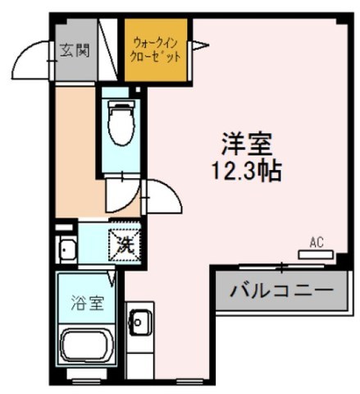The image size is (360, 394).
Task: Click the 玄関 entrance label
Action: coord(74,49)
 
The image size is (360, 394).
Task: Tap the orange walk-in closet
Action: coord(157,51)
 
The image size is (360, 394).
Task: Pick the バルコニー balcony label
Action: coord(280,290)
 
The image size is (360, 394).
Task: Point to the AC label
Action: coord(317,241)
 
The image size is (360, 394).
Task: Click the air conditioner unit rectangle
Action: coord(317,254)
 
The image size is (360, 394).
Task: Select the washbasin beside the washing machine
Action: coord(67,249)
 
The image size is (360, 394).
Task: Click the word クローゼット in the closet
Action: coord(156,59)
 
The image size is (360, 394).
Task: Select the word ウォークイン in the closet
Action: coord(156,41)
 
